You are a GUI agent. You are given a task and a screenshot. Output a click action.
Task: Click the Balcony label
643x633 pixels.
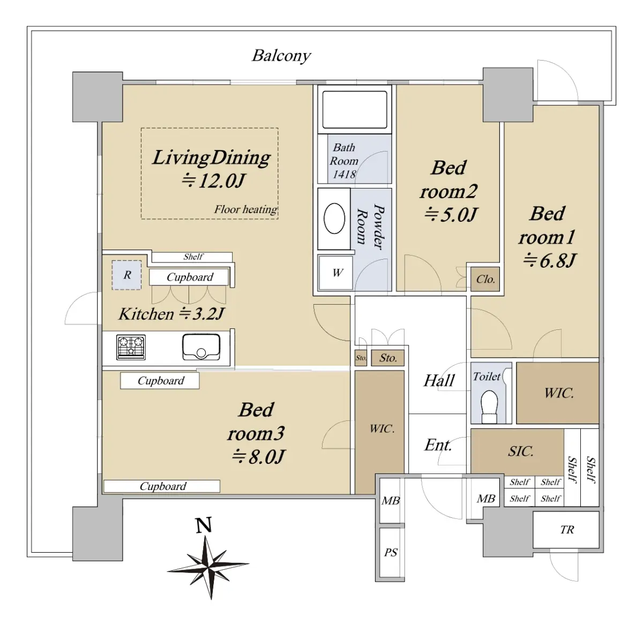(281, 56)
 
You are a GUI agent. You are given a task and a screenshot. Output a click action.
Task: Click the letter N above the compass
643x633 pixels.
(204, 525)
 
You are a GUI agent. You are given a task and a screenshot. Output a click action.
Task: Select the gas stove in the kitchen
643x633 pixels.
(131, 347)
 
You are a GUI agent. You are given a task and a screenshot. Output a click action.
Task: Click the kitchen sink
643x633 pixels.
(201, 347)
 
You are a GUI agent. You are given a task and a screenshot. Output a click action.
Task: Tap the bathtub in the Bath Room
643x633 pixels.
(355, 109)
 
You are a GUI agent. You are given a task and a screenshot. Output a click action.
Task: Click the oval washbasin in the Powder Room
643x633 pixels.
(334, 218)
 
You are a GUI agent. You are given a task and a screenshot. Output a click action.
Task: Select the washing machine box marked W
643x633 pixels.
(335, 273)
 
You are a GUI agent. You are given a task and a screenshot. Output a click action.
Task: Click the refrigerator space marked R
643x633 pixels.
(126, 275)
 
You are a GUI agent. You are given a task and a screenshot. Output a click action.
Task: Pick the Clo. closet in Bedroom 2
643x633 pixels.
(485, 279)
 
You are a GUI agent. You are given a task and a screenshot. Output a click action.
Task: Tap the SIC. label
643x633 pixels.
(520, 451)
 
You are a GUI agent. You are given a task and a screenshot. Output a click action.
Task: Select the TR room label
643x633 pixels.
(567, 529)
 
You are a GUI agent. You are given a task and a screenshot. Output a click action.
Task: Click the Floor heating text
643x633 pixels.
(245, 209)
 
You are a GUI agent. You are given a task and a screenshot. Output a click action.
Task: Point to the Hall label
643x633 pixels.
(439, 381)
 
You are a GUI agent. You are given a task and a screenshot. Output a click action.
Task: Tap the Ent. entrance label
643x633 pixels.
(438, 444)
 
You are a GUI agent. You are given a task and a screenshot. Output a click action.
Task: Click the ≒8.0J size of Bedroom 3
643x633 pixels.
(258, 457)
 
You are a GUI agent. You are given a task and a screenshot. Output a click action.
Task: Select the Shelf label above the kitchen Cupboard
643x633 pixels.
(193, 257)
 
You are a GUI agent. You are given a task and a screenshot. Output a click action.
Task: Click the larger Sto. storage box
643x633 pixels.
(388, 358)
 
